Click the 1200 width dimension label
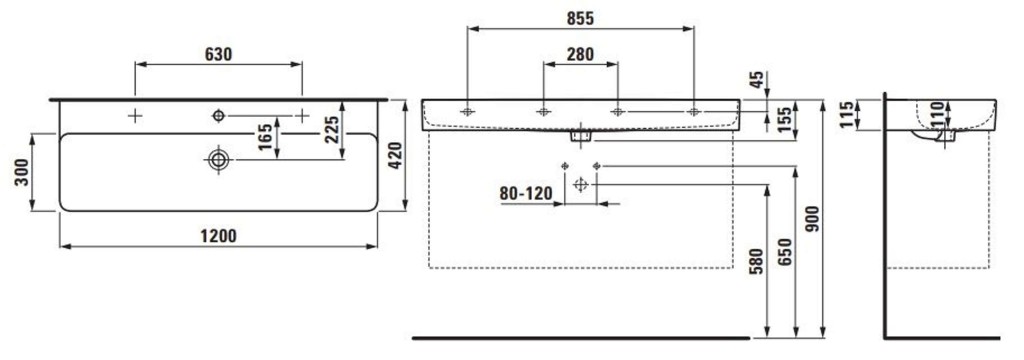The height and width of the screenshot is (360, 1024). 219,236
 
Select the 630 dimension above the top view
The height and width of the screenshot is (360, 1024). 219,54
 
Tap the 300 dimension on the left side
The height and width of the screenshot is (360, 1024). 22,172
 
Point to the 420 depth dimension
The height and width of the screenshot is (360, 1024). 396,155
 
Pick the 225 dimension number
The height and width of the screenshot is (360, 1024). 332,130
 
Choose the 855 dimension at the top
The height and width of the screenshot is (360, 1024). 580,19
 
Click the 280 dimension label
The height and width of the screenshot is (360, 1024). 580,54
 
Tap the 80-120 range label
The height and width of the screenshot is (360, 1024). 526,193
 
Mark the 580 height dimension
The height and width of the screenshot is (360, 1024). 756,262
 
